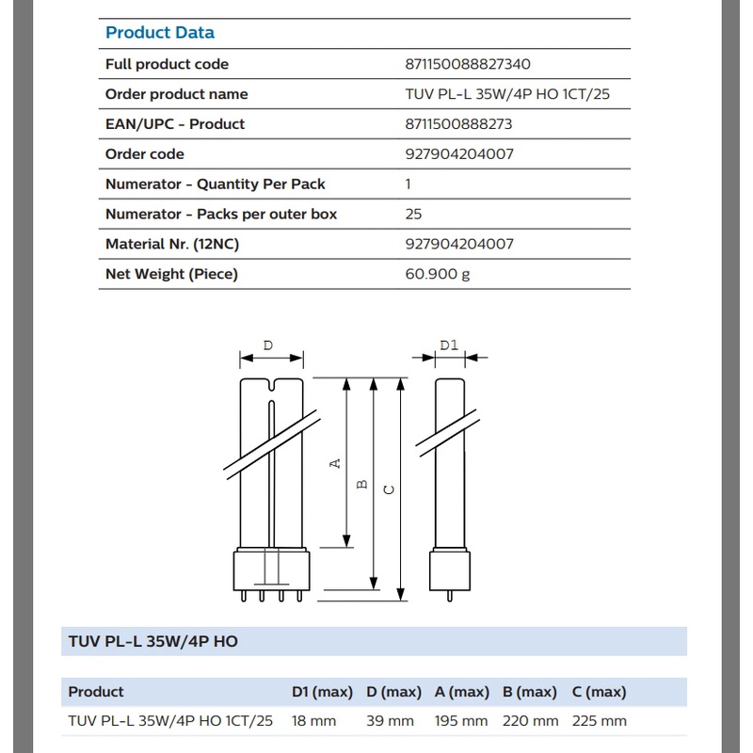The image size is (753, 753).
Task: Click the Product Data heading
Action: coord(160,33)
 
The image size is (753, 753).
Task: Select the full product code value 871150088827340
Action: coord(468,64)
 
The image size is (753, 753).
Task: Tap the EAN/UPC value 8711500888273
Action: coord(458,124)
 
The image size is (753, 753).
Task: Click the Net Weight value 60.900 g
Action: coord(437,274)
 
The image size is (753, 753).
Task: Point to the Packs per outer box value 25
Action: coord(413,214)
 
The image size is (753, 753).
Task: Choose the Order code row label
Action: coord(145,154)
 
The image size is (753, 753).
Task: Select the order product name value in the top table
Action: coord(501,94)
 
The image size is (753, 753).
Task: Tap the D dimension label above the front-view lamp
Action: coord(268,345)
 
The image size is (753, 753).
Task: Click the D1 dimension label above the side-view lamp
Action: coord(448,345)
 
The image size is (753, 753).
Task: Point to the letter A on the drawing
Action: coord(334,464)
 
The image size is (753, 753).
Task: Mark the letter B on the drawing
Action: coord(361,485)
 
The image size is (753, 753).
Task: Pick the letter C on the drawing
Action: coord(389,489)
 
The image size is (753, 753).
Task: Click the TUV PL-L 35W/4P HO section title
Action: coord(153,642)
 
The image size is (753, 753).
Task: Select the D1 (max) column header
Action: coord(322,692)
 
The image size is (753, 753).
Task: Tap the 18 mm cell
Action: coord(313,721)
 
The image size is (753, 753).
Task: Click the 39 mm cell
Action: coord(390,721)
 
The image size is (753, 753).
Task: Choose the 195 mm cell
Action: coord(461,721)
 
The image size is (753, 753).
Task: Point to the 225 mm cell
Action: coord(599,721)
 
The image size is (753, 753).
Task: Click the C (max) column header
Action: coord(599,692)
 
